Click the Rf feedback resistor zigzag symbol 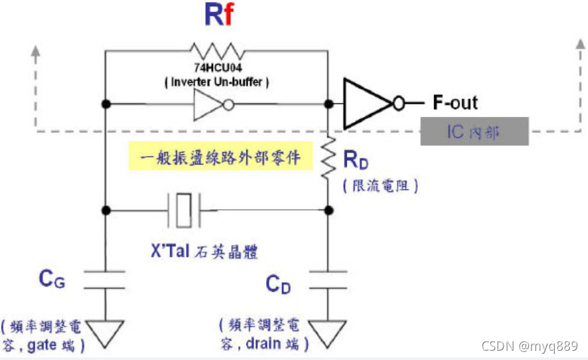pyautogui.click(x=218, y=51)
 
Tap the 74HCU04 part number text pyautogui.click(x=218, y=68)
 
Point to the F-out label pyautogui.click(x=455, y=102)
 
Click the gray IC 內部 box pyautogui.click(x=475, y=132)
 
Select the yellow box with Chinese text pyautogui.click(x=221, y=156)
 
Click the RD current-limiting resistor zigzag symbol pyautogui.click(x=328, y=157)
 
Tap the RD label pyautogui.click(x=356, y=160)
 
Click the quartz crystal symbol pyautogui.click(x=184, y=211)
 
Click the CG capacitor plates pyautogui.click(x=105, y=280)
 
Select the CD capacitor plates pyautogui.click(x=328, y=280)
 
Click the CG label pyautogui.click(x=52, y=280)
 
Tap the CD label pyautogui.click(x=278, y=284)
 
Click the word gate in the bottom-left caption pyautogui.click(x=42, y=345)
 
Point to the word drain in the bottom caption pyautogui.click(x=263, y=343)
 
